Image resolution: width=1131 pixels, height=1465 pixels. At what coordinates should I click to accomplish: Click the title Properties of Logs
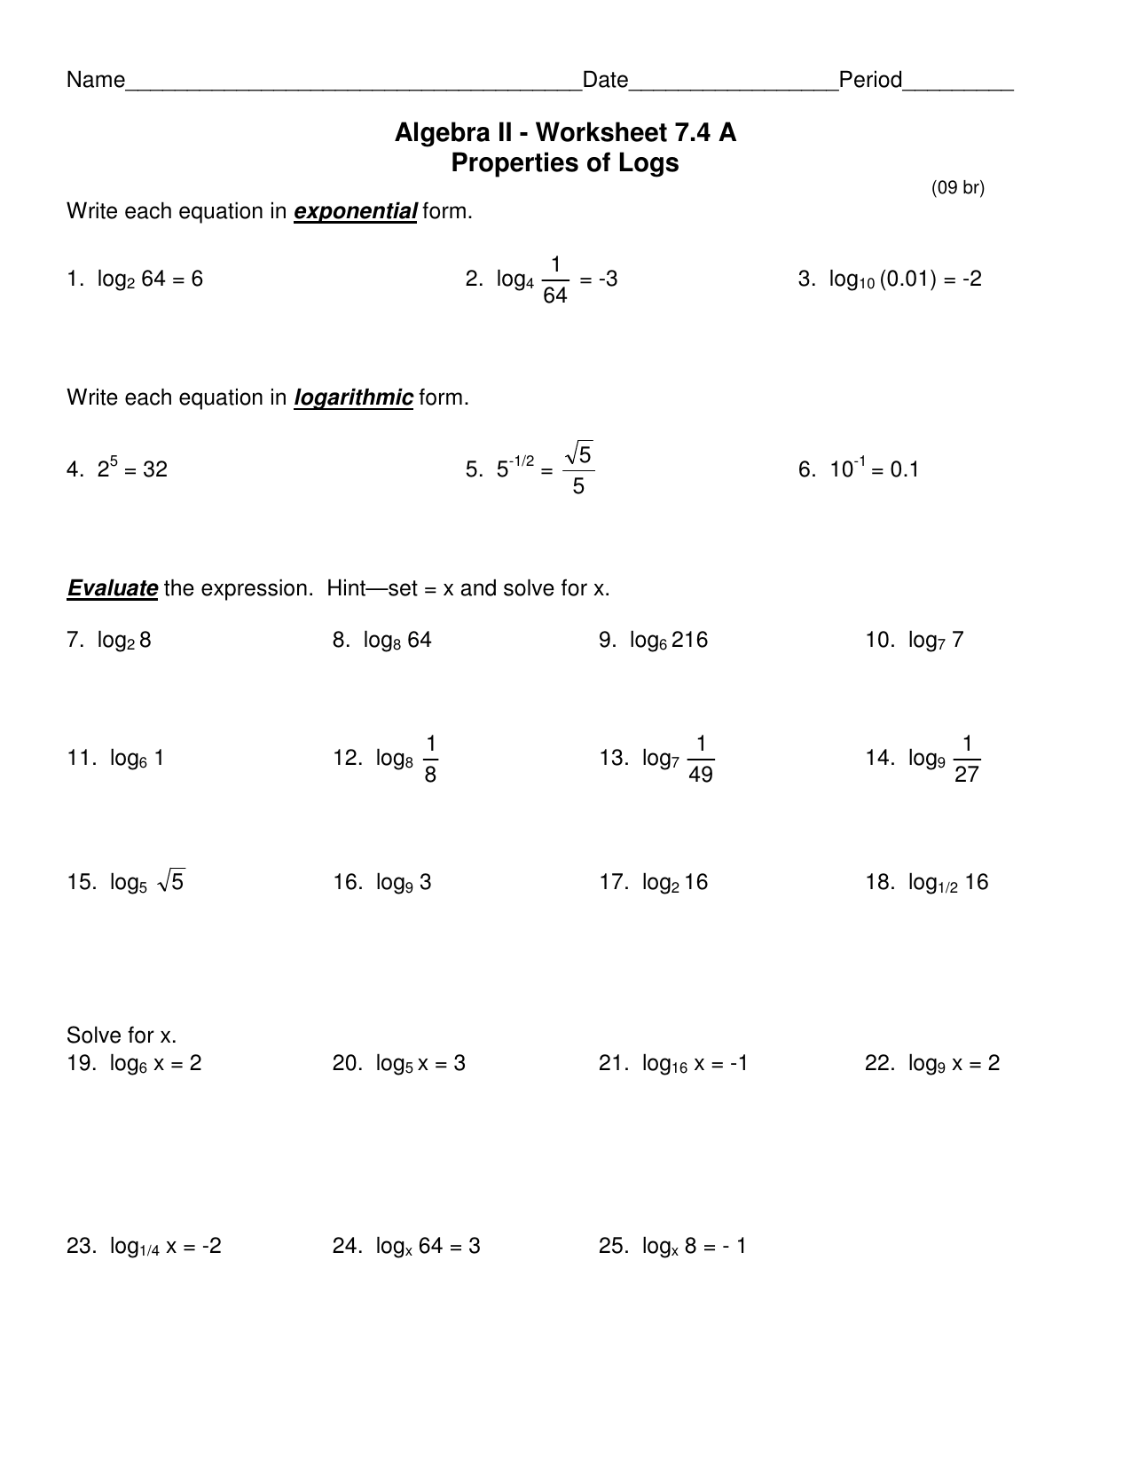[x=565, y=163]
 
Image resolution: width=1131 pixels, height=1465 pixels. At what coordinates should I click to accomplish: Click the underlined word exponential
[x=355, y=212]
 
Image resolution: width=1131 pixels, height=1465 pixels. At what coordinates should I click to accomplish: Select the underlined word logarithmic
[x=353, y=398]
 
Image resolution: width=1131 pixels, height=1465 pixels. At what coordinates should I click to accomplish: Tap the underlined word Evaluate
[x=113, y=589]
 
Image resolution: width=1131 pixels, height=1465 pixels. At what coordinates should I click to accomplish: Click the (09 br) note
[x=957, y=187]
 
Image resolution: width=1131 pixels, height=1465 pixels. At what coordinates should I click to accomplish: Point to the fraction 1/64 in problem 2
[x=554, y=280]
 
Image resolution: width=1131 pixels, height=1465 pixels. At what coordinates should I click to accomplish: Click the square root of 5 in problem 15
[x=171, y=882]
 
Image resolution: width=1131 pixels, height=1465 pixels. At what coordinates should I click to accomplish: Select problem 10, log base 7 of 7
[x=915, y=641]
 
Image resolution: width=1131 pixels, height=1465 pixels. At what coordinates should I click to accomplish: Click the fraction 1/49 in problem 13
[x=700, y=759]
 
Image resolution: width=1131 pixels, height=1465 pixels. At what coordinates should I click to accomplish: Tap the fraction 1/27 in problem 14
[x=966, y=759]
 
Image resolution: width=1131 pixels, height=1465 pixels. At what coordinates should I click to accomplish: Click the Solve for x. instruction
[x=122, y=1036]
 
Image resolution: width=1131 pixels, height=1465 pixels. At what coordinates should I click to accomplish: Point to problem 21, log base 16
[x=673, y=1064]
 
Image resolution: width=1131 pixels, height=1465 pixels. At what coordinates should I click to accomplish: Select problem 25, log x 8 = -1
[x=672, y=1247]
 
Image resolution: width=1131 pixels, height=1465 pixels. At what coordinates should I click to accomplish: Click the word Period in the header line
[x=870, y=81]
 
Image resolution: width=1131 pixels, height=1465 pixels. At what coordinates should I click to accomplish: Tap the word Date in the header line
[x=605, y=81]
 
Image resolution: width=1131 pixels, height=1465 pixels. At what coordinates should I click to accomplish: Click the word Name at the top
[x=96, y=81]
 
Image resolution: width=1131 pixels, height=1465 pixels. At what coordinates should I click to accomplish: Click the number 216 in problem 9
[x=689, y=641]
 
